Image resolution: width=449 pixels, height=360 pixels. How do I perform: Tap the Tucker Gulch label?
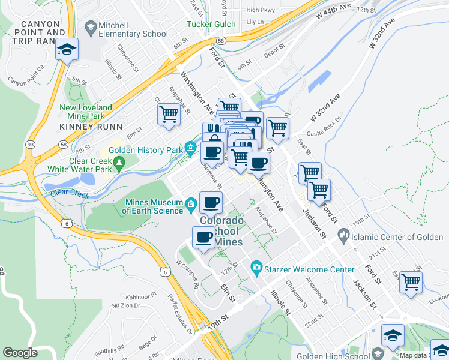[212, 24]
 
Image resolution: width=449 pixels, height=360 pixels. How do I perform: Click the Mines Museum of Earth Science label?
[153, 206]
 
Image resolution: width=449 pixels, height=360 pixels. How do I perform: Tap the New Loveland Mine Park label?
[86, 112]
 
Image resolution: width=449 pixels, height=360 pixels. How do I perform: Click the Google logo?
[20, 353]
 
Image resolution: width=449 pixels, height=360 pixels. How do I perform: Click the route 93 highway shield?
[29, 144]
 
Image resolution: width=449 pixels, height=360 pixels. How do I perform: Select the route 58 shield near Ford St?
[221, 40]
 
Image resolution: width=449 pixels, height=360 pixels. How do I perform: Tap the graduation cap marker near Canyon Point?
[67, 49]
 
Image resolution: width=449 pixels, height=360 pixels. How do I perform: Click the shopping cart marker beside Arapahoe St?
[169, 114]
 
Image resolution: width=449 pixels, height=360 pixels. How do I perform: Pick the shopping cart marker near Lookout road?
[411, 282]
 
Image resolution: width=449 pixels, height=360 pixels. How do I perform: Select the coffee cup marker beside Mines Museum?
[210, 203]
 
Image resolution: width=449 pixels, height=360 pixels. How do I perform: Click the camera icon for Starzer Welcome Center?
[257, 267]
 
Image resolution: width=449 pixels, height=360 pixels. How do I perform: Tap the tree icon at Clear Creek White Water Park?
[119, 162]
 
